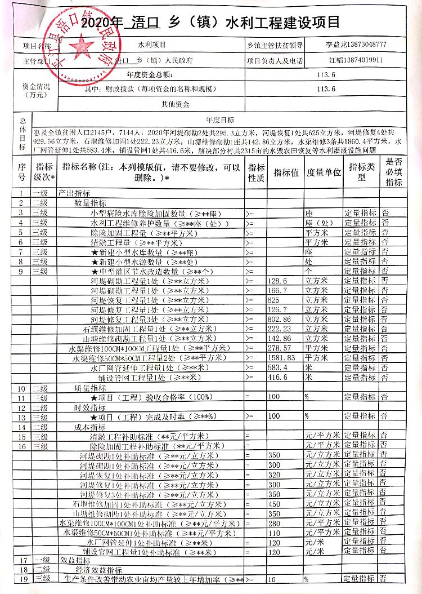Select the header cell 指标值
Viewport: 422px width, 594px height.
click(x=286, y=173)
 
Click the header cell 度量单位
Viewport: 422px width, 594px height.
click(x=324, y=173)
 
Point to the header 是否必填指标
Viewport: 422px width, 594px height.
click(x=394, y=173)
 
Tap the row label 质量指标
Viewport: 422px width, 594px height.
click(x=90, y=388)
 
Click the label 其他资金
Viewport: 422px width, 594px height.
click(x=175, y=104)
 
